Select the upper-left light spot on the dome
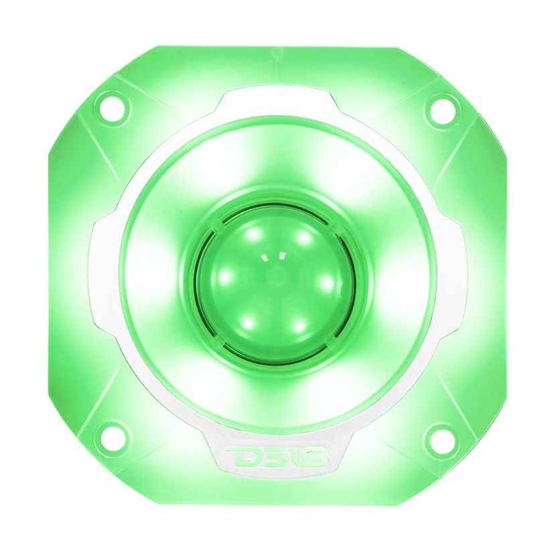coord(252,234)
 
